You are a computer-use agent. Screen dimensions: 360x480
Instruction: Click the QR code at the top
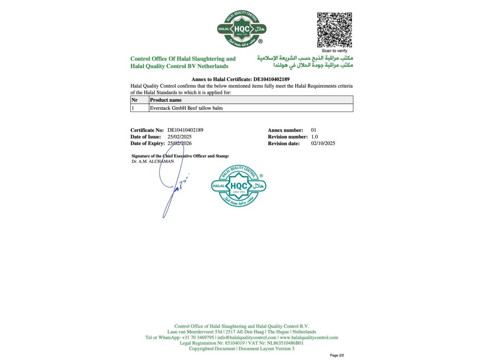(334, 30)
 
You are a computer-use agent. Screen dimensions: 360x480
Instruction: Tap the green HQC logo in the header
(241, 29)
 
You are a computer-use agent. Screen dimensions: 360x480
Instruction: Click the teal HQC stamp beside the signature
(239, 186)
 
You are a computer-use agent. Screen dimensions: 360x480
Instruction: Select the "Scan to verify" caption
(334, 51)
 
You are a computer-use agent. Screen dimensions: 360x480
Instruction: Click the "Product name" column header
(165, 100)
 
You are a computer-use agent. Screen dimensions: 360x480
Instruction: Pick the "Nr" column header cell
(135, 100)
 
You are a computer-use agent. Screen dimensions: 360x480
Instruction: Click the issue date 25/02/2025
(180, 136)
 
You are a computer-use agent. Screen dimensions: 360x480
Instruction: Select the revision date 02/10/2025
(323, 143)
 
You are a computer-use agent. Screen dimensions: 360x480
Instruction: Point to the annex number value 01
(314, 130)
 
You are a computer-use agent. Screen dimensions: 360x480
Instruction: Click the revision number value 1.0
(315, 136)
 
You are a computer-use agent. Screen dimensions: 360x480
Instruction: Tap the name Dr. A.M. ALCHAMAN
(153, 161)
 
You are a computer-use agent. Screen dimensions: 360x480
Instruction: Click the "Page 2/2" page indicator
(337, 355)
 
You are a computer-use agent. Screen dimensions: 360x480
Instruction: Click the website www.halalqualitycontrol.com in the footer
(309, 337)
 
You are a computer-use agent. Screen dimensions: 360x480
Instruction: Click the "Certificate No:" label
(147, 130)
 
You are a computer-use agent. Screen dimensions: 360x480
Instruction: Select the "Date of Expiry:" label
(148, 143)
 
